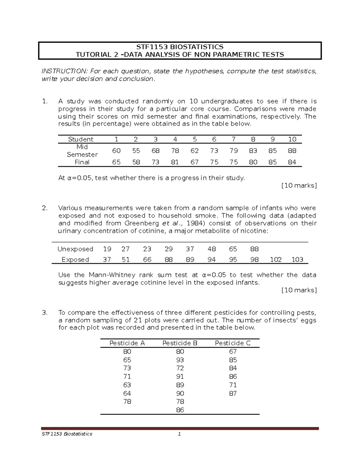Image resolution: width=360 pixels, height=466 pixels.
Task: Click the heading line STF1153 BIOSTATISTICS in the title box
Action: point(180,47)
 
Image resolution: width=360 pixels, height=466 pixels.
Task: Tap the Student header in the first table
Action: point(80,139)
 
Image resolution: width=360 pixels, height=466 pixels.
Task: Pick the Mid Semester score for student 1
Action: point(116,151)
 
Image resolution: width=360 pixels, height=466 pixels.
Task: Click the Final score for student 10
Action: point(292,162)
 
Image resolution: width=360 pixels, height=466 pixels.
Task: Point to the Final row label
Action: point(82,162)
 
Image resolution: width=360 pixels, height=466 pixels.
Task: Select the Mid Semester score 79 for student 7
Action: point(233,151)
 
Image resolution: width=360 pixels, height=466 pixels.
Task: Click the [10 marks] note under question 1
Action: point(299,185)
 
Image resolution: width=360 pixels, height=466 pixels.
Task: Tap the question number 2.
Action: point(45,208)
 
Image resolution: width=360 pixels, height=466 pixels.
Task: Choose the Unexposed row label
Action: point(75,249)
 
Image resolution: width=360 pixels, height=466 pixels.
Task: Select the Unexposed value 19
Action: point(107,249)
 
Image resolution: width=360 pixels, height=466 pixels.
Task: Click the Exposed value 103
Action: point(297,260)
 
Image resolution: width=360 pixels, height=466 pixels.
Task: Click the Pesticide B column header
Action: point(180,343)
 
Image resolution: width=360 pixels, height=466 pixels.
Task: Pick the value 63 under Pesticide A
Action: point(127,385)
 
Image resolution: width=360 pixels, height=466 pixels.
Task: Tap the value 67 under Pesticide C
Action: point(233,351)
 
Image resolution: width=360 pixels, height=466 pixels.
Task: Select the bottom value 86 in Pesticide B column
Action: point(180,410)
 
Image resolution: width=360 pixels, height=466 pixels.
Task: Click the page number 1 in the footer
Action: point(179,434)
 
